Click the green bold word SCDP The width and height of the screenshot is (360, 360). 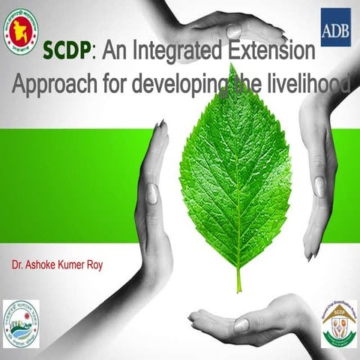tap(68, 52)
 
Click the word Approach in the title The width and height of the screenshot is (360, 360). tap(47, 82)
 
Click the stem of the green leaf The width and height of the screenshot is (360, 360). tap(239, 279)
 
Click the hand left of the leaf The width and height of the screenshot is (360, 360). tap(154, 202)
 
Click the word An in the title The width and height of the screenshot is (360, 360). tap(113, 52)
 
